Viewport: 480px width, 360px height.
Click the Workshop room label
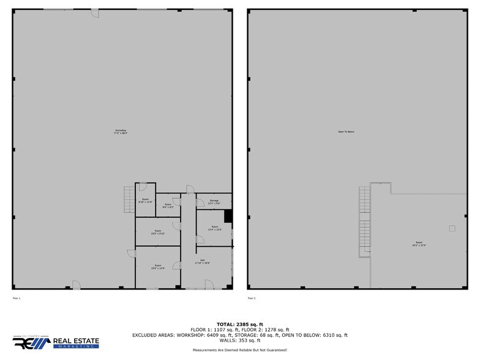120,132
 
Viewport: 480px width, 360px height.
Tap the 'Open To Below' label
346,132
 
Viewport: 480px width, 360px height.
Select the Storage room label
214,201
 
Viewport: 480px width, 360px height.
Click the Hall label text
202,263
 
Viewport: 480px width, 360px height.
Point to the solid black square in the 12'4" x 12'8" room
228,216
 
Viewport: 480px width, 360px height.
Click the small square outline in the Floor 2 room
452,228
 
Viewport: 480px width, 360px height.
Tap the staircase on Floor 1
129,199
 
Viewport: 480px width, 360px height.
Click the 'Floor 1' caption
17,298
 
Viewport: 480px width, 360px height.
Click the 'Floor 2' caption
251,298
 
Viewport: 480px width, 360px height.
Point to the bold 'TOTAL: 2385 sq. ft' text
239,324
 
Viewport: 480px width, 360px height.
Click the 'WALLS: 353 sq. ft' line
239,340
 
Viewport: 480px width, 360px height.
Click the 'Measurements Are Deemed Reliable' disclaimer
239,350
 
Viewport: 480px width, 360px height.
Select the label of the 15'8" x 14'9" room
157,268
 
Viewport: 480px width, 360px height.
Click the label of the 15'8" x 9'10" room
157,233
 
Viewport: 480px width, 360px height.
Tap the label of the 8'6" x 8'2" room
168,206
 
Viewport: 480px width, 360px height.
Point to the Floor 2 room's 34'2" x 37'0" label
419,245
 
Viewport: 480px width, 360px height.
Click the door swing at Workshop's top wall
96,13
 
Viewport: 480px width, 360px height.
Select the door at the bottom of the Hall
208,284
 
